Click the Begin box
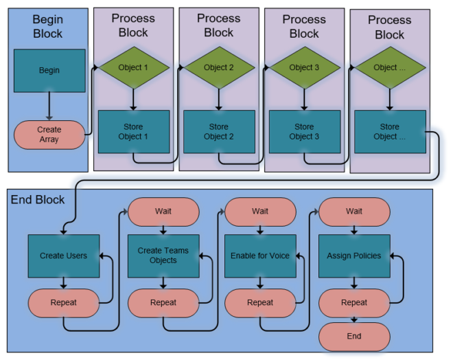point(49,70)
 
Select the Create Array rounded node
point(49,135)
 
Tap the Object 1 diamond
point(133,67)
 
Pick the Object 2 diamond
point(219,67)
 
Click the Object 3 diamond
point(304,67)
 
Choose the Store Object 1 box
point(133,131)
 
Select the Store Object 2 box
point(219,131)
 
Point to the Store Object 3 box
point(304,131)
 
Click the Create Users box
point(64,256)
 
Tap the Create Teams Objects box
point(163,256)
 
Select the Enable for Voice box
point(260,256)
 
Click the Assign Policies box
point(354,256)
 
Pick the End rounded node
point(354,337)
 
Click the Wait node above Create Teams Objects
point(163,211)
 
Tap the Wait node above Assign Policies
point(354,211)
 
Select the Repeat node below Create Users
point(64,302)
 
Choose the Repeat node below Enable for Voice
point(260,302)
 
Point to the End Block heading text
point(38,200)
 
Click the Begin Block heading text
point(47,27)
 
